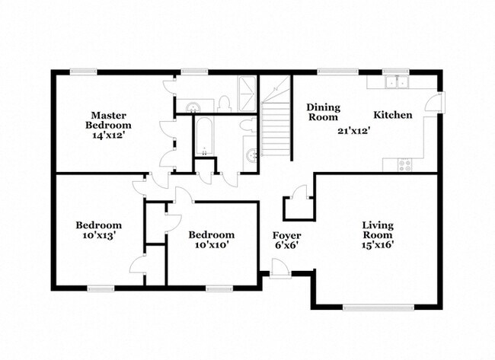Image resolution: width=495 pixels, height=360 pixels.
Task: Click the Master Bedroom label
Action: click(108, 120)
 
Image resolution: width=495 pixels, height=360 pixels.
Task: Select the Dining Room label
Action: click(323, 112)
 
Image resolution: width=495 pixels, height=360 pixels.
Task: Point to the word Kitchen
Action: click(393, 115)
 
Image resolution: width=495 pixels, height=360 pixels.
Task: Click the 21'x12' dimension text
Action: click(353, 131)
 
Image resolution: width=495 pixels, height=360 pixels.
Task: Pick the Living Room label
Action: click(378, 230)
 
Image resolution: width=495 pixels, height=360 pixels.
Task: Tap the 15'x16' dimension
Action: click(378, 245)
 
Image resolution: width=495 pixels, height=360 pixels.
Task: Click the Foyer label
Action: click(286, 235)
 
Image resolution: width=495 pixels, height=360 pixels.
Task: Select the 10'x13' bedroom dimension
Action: click(98, 235)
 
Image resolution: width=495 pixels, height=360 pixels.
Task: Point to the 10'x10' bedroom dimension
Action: click(212, 245)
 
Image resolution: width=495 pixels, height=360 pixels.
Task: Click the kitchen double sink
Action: click(396, 81)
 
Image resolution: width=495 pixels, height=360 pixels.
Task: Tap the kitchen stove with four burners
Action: click(404, 165)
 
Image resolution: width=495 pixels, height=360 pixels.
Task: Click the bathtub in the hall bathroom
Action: click(204, 136)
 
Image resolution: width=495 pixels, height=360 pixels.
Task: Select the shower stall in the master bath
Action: click(247, 94)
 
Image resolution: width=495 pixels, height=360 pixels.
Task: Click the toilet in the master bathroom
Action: click(223, 104)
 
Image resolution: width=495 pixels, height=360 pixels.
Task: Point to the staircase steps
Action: click(276, 129)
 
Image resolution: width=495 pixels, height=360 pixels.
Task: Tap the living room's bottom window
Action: click(378, 307)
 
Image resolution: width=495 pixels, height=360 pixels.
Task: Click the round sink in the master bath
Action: click(192, 107)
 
